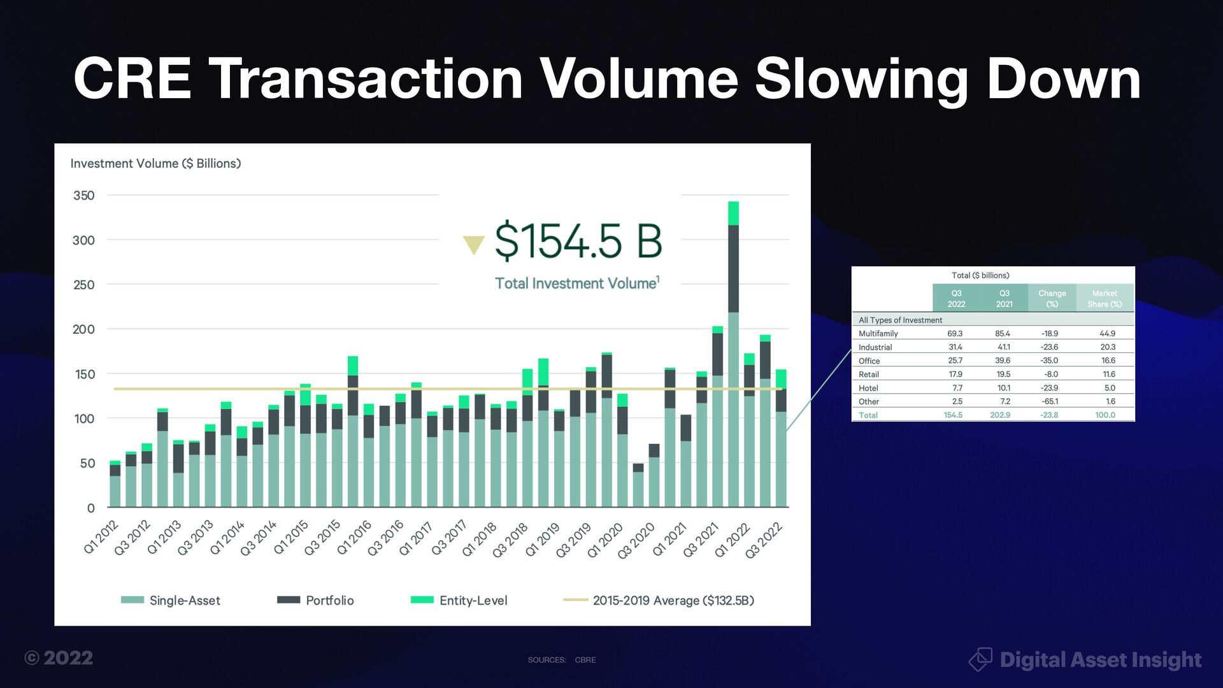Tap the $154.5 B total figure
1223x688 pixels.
click(x=578, y=241)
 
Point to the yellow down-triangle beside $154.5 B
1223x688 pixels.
click(x=473, y=245)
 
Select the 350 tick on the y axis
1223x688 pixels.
click(x=84, y=196)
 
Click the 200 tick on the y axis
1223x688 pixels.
click(x=83, y=329)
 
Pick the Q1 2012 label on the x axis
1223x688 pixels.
click(x=102, y=537)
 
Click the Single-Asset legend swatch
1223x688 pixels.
click(x=132, y=600)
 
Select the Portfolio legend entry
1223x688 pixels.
click(x=329, y=600)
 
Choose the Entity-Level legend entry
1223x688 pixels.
click(x=473, y=600)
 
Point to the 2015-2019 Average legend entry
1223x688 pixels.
click(x=673, y=600)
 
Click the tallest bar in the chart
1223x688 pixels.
click(x=733, y=357)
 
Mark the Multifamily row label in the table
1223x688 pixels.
click(x=878, y=334)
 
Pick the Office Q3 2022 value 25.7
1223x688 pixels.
click(x=955, y=361)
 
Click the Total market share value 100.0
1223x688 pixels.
click(x=1105, y=415)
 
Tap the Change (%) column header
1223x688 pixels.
click(x=1052, y=298)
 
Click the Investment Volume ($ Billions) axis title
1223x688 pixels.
click(x=155, y=164)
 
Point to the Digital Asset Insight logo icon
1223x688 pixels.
click(x=980, y=659)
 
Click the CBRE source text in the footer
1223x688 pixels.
click(x=585, y=660)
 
